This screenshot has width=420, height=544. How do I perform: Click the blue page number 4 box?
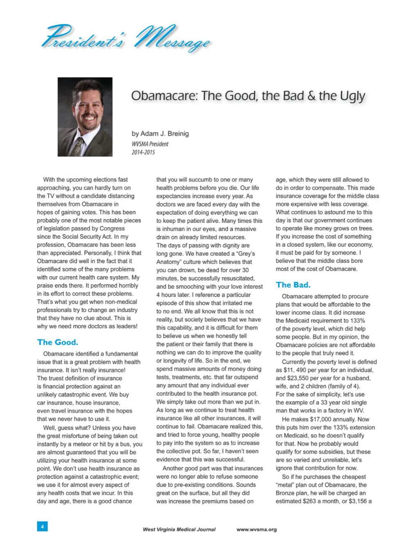(42, 526)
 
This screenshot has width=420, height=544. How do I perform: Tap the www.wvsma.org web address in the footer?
(256, 530)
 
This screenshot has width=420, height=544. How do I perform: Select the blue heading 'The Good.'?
(57, 342)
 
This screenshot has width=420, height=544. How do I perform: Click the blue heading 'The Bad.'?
(293, 285)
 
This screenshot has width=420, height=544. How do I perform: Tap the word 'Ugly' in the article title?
(352, 96)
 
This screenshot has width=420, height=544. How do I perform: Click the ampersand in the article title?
(312, 96)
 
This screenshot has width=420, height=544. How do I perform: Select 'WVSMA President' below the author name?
(150, 144)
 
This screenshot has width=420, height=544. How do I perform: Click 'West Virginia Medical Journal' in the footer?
(179, 530)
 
